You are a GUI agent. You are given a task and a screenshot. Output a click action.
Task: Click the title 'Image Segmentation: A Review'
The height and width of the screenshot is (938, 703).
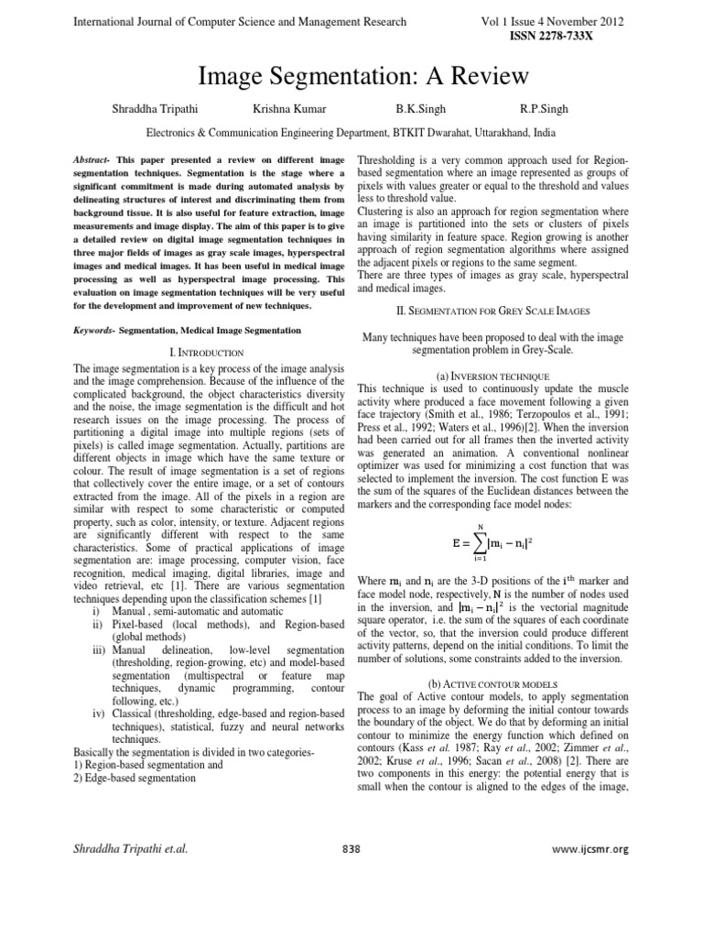tap(351, 75)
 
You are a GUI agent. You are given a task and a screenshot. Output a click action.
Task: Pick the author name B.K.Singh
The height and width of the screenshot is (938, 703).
tap(420, 109)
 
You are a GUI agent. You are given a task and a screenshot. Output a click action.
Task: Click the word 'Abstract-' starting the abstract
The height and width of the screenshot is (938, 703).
tap(92, 159)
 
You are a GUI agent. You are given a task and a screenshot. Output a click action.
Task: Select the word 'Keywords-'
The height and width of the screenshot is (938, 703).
tap(94, 330)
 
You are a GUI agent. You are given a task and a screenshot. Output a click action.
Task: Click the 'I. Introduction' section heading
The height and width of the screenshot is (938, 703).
tap(208, 352)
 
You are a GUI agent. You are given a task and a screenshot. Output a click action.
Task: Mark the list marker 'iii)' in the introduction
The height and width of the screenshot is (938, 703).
tap(99, 649)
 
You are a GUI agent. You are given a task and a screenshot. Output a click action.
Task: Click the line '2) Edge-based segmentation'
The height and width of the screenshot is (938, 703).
tap(135, 778)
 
